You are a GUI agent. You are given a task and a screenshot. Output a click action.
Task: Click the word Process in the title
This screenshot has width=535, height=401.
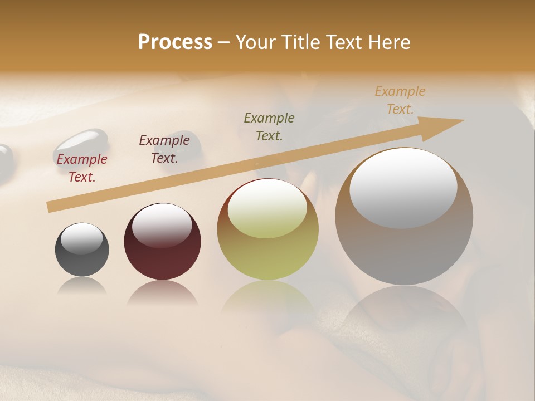coord(175,42)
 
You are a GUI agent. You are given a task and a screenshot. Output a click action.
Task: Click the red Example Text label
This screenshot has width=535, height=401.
coord(82,168)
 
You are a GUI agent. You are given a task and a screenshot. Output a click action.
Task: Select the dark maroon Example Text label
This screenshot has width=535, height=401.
coord(164,149)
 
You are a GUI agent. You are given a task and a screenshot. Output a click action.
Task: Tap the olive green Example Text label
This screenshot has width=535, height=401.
coord(269,126)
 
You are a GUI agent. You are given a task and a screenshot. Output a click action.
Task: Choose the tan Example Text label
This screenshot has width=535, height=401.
coord(400,100)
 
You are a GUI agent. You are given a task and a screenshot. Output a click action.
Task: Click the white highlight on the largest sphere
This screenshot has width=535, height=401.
coord(403,188)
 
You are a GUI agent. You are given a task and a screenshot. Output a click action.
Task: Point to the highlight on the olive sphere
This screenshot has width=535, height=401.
coord(267,208)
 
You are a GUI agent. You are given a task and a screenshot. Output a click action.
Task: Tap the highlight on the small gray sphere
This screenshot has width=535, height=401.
coord(82,239)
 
